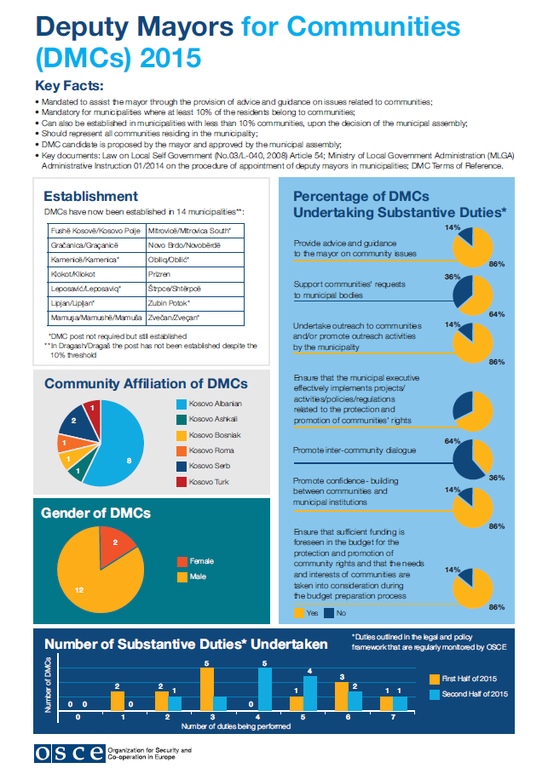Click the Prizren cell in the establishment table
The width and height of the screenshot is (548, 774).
point(159,274)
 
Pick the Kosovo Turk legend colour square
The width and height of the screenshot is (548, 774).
point(182,482)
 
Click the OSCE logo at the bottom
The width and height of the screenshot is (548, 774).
point(69,753)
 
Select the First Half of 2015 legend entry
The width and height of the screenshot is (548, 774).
point(464,679)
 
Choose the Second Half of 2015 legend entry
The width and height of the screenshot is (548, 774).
point(470,695)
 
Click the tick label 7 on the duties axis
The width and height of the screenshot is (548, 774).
point(394,718)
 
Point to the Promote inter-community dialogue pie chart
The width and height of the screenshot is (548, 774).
point(472,460)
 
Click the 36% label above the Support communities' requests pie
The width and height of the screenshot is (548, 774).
point(452,277)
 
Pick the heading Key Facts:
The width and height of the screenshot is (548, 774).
point(70,85)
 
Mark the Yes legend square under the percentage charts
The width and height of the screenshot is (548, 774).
point(299,611)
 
